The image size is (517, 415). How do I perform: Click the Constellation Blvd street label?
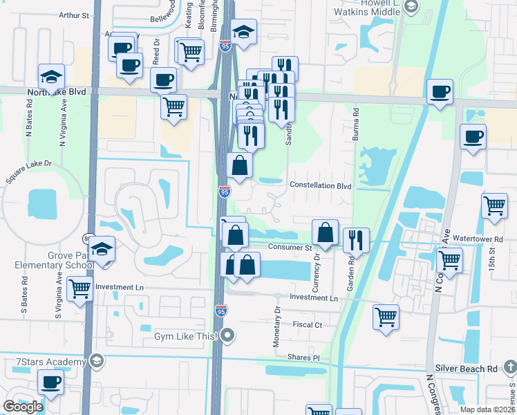[x=321, y=186]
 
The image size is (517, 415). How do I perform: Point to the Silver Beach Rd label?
[x=466, y=369]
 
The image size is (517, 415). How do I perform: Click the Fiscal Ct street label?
[x=308, y=324]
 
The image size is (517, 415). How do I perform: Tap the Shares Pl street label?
[x=305, y=358]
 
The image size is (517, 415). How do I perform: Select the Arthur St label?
[x=74, y=15]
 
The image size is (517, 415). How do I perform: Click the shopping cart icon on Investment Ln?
[x=80, y=290]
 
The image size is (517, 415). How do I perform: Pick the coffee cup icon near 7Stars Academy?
[x=51, y=382]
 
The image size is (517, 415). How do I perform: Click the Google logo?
[x=23, y=407]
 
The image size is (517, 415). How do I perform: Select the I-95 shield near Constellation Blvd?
[x=224, y=192]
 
